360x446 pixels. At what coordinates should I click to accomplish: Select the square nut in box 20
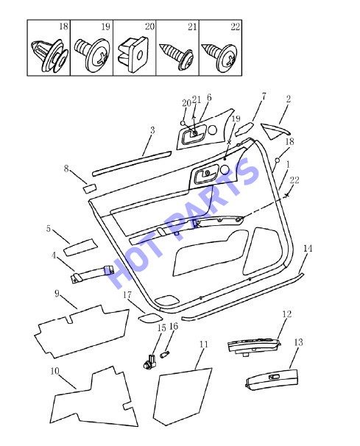[134, 54]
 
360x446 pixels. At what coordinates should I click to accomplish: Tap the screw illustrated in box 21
[177, 56]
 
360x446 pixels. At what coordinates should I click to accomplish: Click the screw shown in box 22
[219, 57]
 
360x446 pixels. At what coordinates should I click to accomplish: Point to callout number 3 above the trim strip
[152, 130]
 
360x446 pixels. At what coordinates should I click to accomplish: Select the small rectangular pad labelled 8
[90, 188]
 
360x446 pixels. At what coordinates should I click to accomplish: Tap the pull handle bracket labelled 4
[92, 274]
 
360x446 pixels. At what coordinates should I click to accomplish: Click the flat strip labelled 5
[80, 247]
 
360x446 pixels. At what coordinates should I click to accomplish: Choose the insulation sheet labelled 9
[82, 331]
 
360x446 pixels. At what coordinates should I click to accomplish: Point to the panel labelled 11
[183, 397]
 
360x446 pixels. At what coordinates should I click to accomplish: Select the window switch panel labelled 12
[254, 347]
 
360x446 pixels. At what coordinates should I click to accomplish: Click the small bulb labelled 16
[165, 355]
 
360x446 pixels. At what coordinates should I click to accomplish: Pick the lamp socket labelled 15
[149, 362]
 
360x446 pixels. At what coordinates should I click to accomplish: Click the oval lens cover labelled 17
[150, 318]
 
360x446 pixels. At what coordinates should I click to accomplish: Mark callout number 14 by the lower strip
[308, 248]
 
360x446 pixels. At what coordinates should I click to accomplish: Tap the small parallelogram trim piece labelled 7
[244, 128]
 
